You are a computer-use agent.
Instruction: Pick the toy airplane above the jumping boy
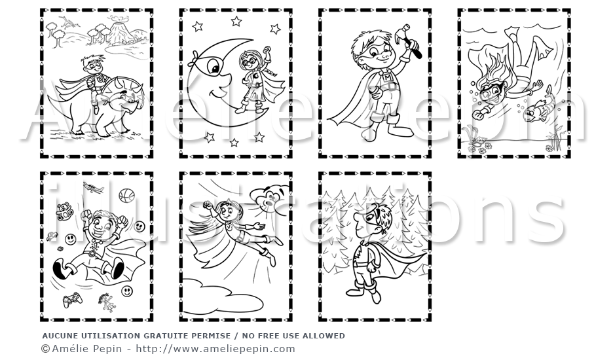(x=94, y=188)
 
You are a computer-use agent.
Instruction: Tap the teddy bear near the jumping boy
(x=64, y=211)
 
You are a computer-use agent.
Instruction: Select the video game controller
(x=73, y=300)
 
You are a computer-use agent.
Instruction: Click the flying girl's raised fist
(x=207, y=204)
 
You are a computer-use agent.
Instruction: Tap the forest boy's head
(x=373, y=219)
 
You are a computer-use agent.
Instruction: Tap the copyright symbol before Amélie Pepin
(x=46, y=349)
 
